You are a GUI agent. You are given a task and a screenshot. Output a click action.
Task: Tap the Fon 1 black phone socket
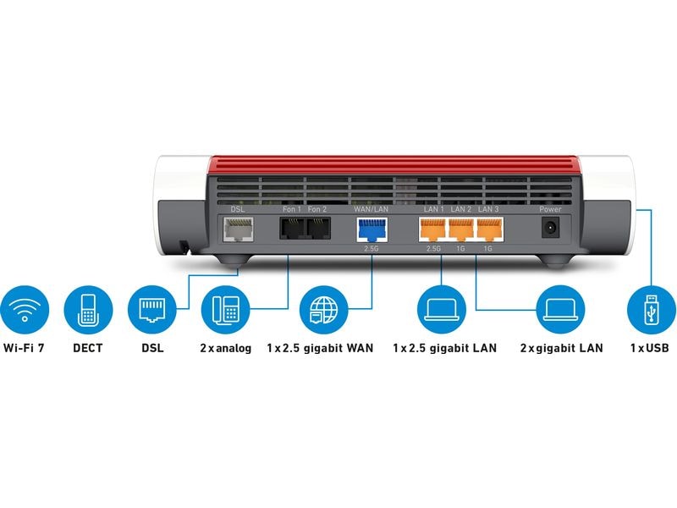pyautogui.click(x=291, y=229)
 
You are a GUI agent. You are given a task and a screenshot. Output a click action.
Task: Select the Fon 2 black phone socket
pyautogui.click(x=317, y=229)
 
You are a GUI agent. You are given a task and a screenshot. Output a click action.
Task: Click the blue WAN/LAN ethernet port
pyautogui.click(x=370, y=229)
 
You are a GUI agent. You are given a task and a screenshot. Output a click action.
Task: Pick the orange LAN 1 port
pyautogui.click(x=432, y=229)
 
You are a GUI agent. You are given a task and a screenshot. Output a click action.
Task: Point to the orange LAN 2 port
pyautogui.click(x=461, y=229)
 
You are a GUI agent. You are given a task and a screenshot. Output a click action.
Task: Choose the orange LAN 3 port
pyautogui.click(x=488, y=229)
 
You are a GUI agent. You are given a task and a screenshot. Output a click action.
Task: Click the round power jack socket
pyautogui.click(x=550, y=228)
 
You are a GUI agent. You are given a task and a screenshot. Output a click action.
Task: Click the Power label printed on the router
pyautogui.click(x=550, y=208)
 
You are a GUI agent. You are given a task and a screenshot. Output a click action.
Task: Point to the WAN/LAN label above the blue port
pyautogui.click(x=370, y=208)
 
